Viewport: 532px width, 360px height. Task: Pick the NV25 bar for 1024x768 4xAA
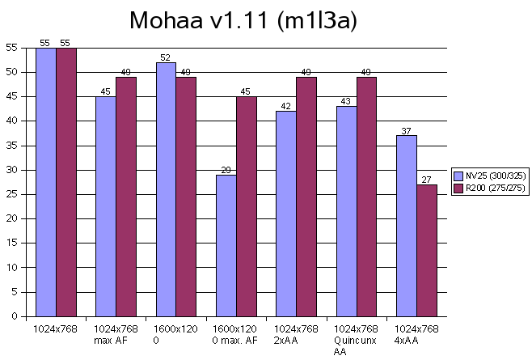click(x=406, y=226)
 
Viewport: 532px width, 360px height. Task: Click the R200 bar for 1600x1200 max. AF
click(x=246, y=206)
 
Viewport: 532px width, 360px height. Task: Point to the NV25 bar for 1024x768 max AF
click(x=106, y=206)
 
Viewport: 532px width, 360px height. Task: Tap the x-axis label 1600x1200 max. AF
click(x=236, y=334)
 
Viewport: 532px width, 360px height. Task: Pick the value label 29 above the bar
click(x=226, y=170)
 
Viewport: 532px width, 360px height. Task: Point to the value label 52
click(x=166, y=57)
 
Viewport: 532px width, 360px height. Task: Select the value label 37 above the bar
click(x=406, y=131)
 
